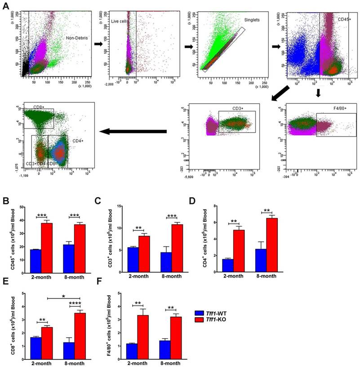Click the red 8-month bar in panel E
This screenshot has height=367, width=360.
[x=80, y=332]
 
